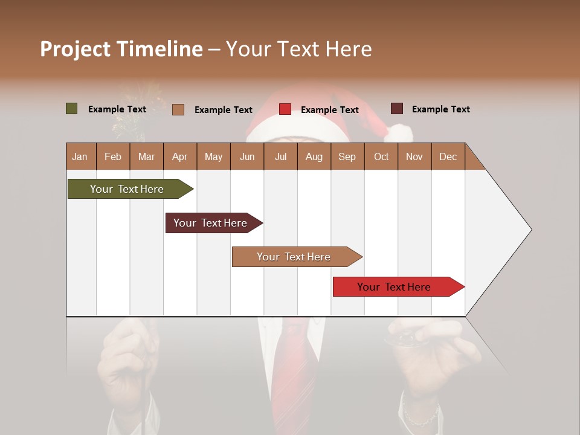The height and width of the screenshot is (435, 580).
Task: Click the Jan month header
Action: pyautogui.click(x=80, y=156)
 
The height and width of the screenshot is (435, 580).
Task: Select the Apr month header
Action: pyautogui.click(x=179, y=156)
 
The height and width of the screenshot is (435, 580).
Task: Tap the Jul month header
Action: pyautogui.click(x=280, y=156)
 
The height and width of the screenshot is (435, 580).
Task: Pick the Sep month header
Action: pyautogui.click(x=347, y=156)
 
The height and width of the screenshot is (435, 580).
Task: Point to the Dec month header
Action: pyautogui.click(x=448, y=156)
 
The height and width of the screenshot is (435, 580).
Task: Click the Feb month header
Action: pyautogui.click(x=113, y=156)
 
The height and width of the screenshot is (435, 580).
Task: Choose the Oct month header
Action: pyautogui.click(x=381, y=156)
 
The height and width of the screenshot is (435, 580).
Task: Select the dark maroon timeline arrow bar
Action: pyautogui.click(x=211, y=223)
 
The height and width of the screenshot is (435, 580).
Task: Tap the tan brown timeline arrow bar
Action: pyautogui.click(x=295, y=257)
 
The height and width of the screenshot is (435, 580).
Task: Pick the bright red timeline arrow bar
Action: pyautogui.click(x=396, y=287)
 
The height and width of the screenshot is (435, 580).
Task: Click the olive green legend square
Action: pyautogui.click(x=72, y=109)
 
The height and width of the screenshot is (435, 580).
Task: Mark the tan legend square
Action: pyautogui.click(x=178, y=109)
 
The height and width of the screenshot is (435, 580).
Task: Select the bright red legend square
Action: pyautogui.click(x=285, y=109)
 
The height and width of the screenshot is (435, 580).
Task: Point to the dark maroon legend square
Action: pyautogui.click(x=397, y=109)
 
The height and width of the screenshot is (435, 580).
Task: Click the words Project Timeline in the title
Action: pyautogui.click(x=121, y=49)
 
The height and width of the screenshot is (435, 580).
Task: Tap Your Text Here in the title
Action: pyautogui.click(x=298, y=49)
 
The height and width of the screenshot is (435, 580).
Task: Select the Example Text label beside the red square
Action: pyautogui.click(x=330, y=110)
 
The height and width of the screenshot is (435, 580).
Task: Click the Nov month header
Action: pyautogui.click(x=414, y=156)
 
